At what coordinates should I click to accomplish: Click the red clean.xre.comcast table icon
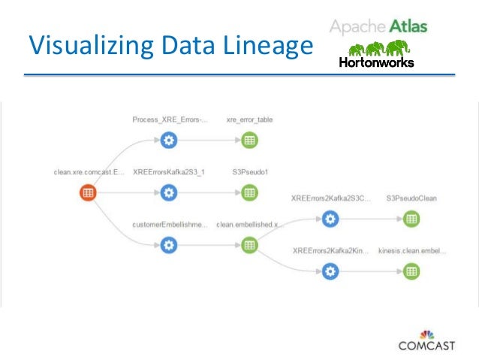pyautogui.click(x=88, y=192)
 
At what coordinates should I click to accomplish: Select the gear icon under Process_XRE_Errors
pyautogui.click(x=169, y=140)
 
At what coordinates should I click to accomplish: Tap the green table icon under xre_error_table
pyautogui.click(x=250, y=140)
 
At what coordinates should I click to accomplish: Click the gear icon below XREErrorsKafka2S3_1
pyautogui.click(x=169, y=192)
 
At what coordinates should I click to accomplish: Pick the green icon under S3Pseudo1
pyautogui.click(x=250, y=192)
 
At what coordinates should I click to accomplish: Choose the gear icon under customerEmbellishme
pyautogui.click(x=169, y=245)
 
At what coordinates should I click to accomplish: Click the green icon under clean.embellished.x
pyautogui.click(x=250, y=245)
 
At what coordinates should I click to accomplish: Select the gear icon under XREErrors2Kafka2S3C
pyautogui.click(x=330, y=219)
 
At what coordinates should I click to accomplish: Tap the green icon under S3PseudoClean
pyautogui.click(x=411, y=219)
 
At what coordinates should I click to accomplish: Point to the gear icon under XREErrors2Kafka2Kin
pyautogui.click(x=330, y=271)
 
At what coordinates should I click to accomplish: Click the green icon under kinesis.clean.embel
pyautogui.click(x=411, y=271)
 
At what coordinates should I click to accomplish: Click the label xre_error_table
pyautogui.click(x=249, y=119)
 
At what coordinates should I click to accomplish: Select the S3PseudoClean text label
pyautogui.click(x=411, y=198)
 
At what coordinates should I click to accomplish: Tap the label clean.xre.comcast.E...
pyautogui.click(x=88, y=172)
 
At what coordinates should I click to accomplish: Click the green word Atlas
pyautogui.click(x=408, y=27)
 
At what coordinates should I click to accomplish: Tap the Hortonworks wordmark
pyautogui.click(x=376, y=63)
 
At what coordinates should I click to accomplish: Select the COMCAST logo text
pyautogui.click(x=426, y=346)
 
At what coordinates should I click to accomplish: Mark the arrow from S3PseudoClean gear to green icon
pyautogui.click(x=370, y=219)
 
